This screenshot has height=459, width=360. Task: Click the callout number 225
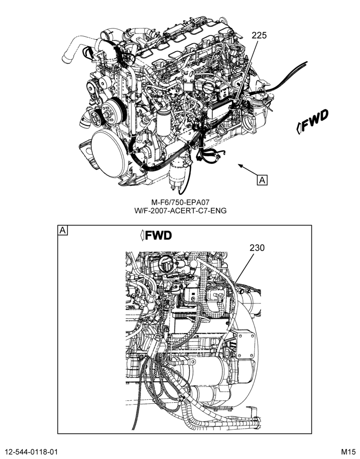coord(259,35)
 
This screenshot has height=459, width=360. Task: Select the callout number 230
coord(257,248)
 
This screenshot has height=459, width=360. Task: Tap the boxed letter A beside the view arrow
coord(262,180)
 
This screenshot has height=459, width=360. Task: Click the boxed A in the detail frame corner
coord(62,230)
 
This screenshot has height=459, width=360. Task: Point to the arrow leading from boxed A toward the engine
coord(247,170)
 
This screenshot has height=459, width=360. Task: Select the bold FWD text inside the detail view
coord(156,235)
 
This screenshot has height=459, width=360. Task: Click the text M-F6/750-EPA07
coord(180,202)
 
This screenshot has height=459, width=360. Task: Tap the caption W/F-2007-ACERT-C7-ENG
coord(180,211)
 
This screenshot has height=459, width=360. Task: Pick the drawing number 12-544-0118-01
coord(31,451)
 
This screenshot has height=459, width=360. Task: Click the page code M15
coord(348,451)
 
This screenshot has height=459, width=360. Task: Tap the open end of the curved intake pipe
coord(66,58)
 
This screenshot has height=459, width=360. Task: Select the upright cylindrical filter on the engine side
coord(163,122)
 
